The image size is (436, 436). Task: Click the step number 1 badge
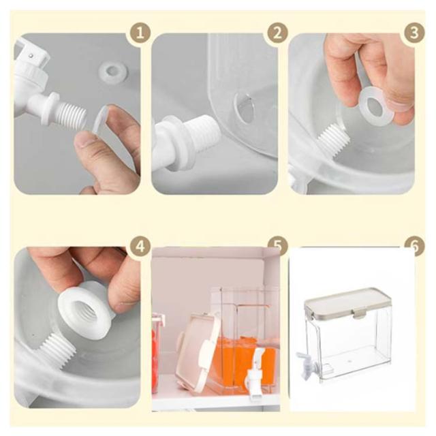(140, 33)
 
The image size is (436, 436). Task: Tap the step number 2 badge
(277, 33)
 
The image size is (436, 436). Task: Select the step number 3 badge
(414, 33)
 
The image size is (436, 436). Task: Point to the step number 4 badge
(140, 246)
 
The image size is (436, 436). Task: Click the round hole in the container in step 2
(245, 108)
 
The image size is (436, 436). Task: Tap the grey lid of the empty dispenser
(347, 304)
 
